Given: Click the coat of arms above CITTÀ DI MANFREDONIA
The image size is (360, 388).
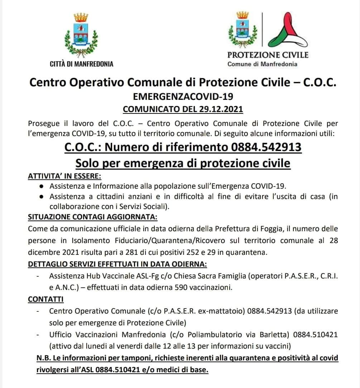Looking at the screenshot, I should pyautogui.click(x=81, y=34).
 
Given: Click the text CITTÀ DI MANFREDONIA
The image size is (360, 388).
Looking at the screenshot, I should pyautogui.click(x=82, y=64).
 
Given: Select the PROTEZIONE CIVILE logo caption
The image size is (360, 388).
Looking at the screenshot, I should pyautogui.click(x=268, y=55).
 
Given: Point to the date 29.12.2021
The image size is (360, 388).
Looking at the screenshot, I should pyautogui.click(x=220, y=108).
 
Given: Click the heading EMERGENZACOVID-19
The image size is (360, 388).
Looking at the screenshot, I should pyautogui.click(x=183, y=96).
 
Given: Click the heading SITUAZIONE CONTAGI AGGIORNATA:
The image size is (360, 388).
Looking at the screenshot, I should pyautogui.click(x=92, y=217).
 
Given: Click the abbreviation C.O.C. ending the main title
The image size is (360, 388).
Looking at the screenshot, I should pyautogui.click(x=320, y=82).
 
